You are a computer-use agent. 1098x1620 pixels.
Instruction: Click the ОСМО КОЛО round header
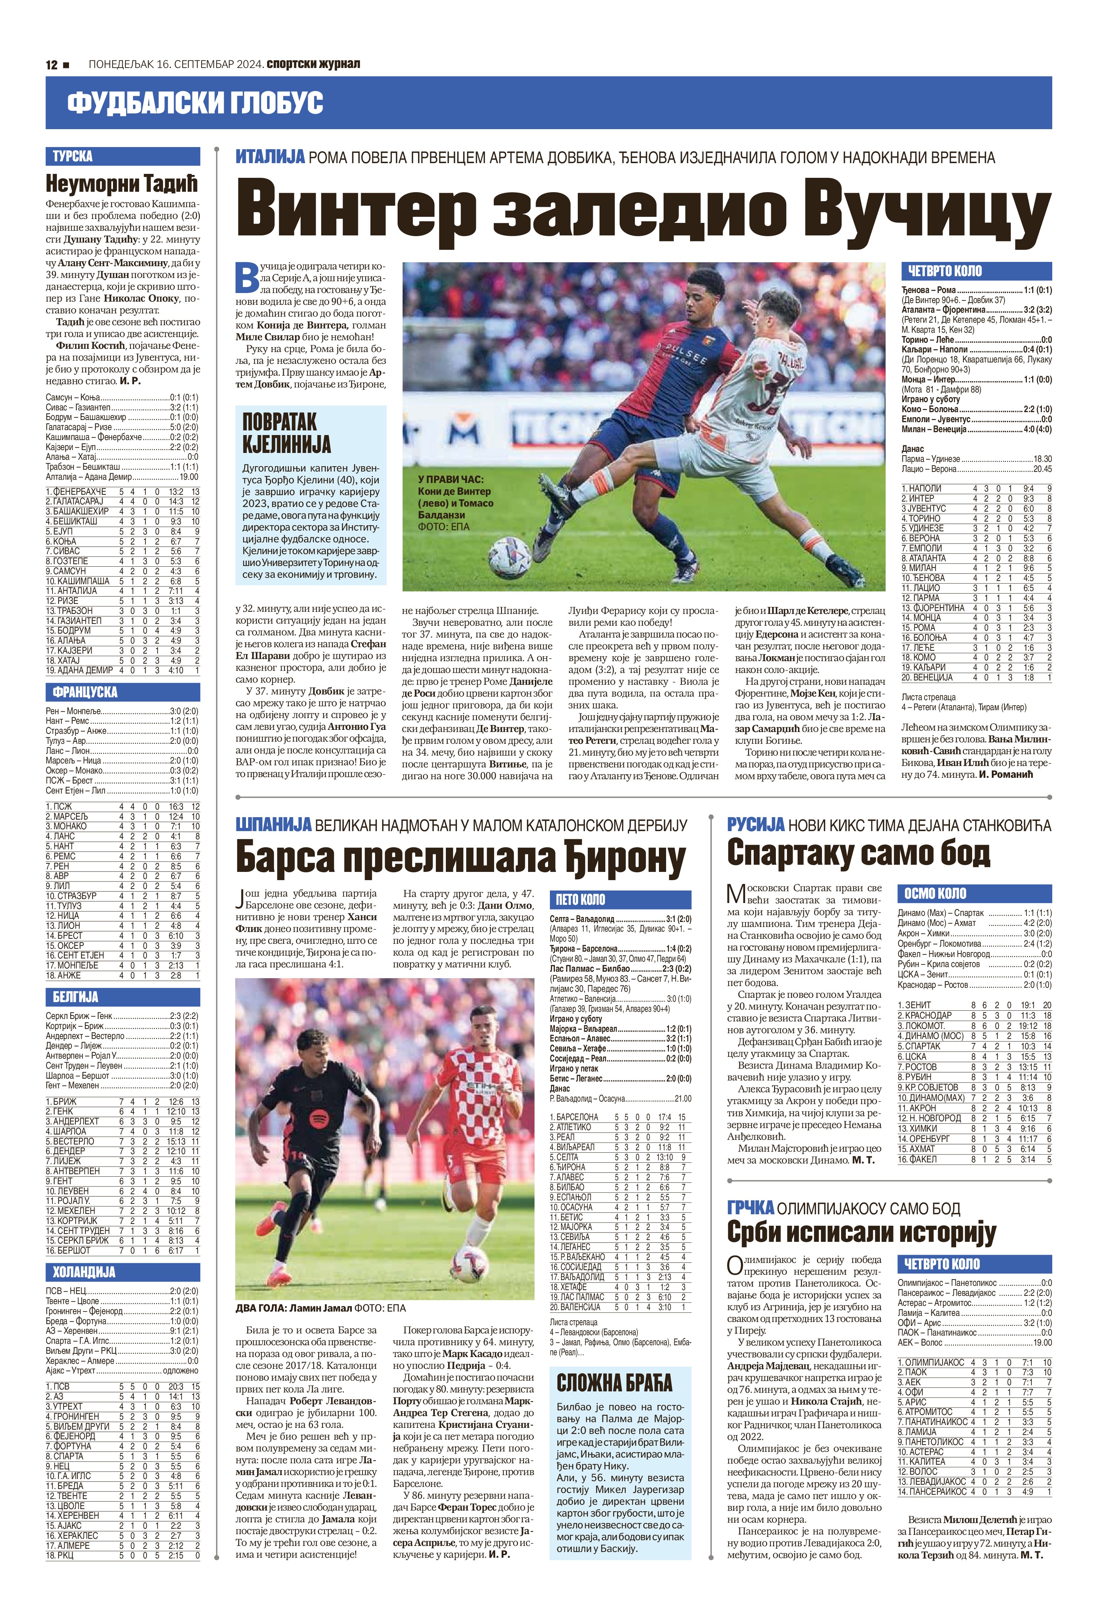935,894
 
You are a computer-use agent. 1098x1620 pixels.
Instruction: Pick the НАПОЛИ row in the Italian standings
975,489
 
